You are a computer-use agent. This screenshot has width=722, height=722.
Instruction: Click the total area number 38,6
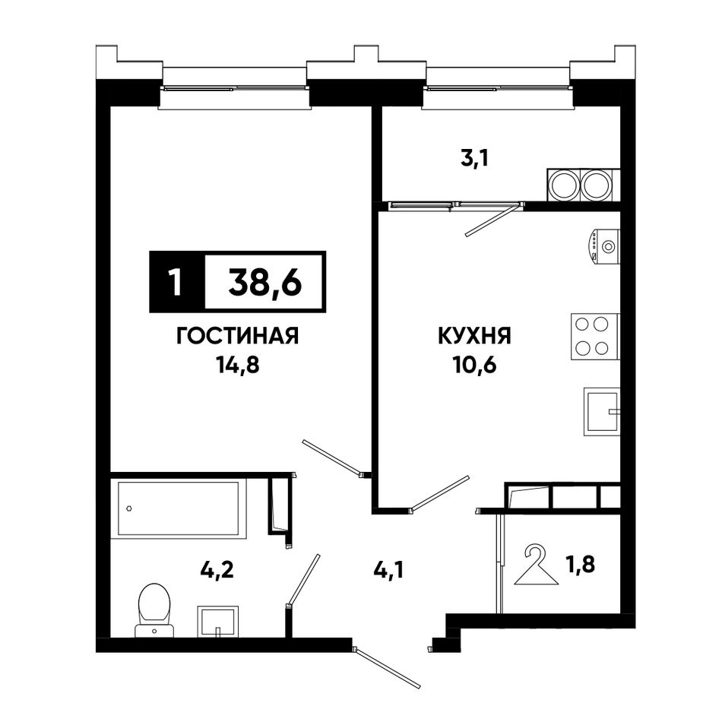click(264, 282)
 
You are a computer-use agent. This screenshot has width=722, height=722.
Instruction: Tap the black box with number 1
click(177, 282)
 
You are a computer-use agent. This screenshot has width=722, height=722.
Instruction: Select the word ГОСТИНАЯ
click(238, 336)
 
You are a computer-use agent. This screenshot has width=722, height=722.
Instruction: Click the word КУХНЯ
click(474, 336)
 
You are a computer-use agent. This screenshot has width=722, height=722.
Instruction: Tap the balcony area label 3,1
click(473, 160)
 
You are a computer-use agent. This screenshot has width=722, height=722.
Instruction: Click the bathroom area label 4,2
click(217, 569)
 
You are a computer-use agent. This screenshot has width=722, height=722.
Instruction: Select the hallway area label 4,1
click(389, 571)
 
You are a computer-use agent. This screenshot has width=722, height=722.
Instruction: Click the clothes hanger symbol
click(536, 565)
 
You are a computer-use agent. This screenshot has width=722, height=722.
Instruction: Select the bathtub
click(179, 508)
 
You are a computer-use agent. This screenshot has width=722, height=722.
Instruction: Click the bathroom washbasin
click(218, 622)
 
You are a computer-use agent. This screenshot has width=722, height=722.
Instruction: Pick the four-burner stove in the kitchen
click(595, 337)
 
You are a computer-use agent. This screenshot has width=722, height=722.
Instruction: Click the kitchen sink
click(602, 411)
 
